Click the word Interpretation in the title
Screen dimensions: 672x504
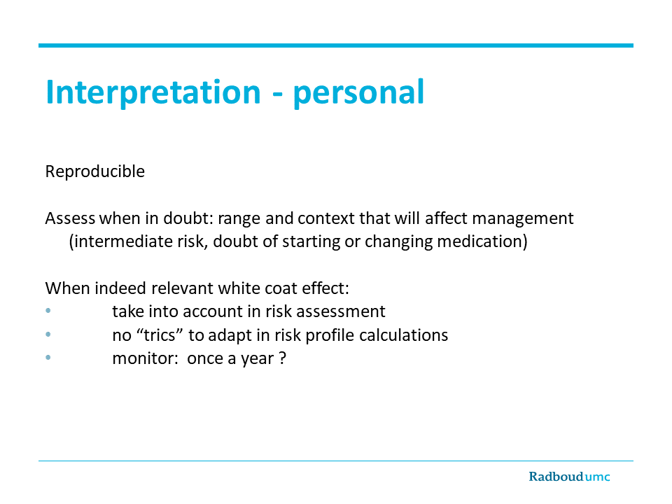153,92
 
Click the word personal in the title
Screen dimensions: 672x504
358,92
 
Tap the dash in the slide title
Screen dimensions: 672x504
277,95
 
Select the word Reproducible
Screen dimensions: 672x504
95,171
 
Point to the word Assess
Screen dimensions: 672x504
70,218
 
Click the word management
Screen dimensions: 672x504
523,218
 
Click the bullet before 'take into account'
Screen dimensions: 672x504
48,311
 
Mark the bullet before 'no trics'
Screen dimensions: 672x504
48,335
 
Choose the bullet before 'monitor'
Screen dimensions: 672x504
48,357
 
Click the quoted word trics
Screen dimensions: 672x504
160,335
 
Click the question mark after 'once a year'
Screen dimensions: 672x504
282,358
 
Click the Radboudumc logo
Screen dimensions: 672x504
569,477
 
